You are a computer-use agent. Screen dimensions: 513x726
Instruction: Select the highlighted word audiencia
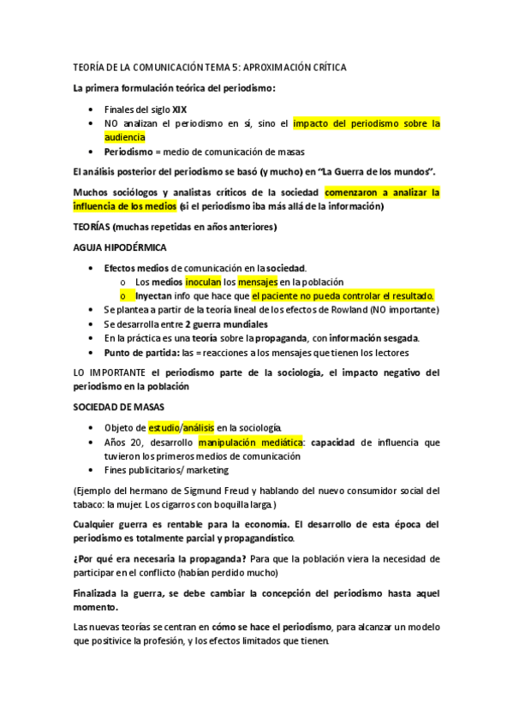[x=126, y=137]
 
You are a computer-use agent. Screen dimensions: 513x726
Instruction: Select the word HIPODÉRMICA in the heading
[x=133, y=247]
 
